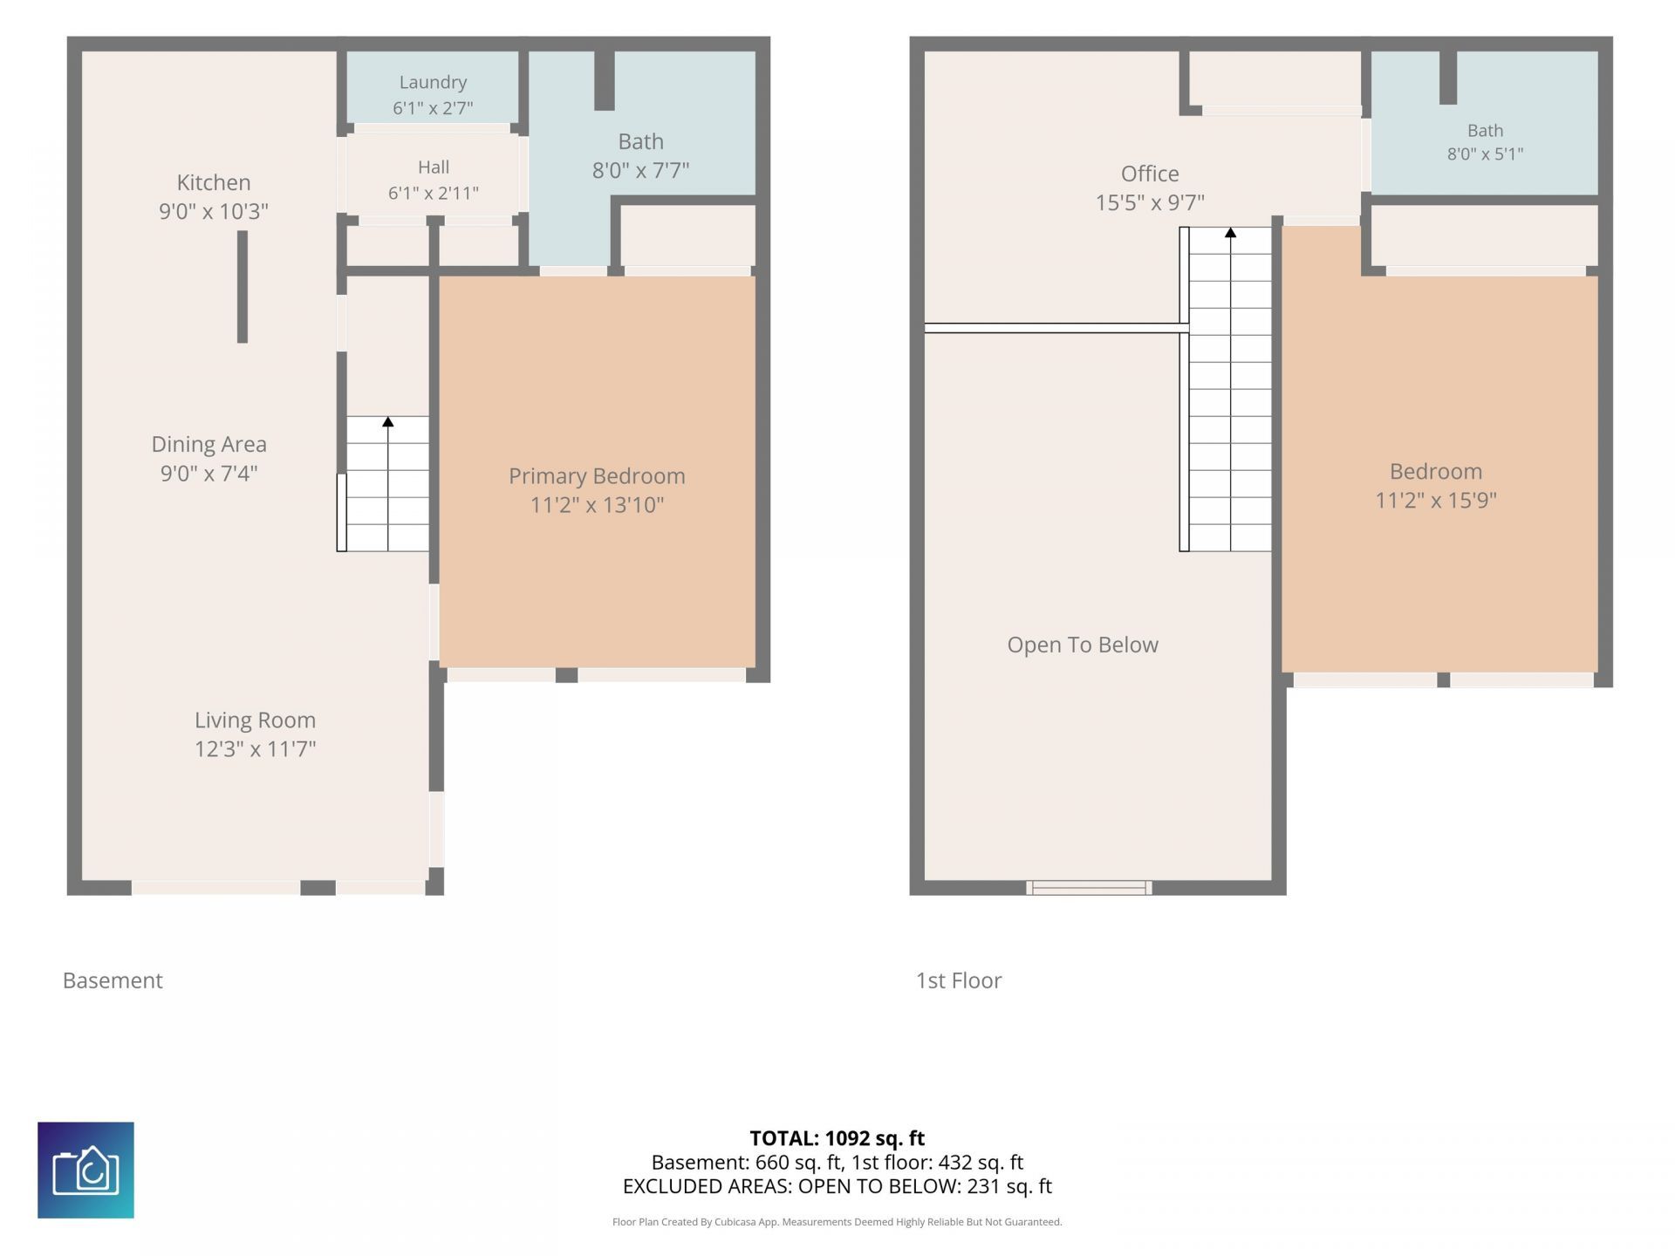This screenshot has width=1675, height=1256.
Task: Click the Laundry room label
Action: click(x=433, y=82)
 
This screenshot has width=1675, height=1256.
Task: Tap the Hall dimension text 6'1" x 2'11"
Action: click(x=434, y=193)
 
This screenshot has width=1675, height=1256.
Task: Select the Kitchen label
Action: click(x=214, y=182)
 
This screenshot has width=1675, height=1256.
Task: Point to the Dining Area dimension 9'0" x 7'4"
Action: click(x=209, y=473)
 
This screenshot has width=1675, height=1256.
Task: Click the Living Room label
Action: click(x=255, y=720)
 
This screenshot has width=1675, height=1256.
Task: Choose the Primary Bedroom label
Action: click(x=597, y=476)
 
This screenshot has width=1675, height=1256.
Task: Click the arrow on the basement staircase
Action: click(x=388, y=422)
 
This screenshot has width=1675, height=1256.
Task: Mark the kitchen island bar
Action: click(x=243, y=287)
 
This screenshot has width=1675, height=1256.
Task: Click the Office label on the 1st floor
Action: click(x=1150, y=174)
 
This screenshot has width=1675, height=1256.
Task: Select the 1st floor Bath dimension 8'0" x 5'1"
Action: click(x=1486, y=154)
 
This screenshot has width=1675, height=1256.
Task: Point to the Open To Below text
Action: click(x=1083, y=645)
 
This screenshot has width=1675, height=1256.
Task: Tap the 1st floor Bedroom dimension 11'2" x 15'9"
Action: click(x=1436, y=500)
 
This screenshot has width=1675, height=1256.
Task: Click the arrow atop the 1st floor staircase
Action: click(x=1230, y=233)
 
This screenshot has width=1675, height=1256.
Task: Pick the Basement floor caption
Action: click(x=113, y=980)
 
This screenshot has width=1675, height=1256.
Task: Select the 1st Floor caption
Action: click(x=959, y=980)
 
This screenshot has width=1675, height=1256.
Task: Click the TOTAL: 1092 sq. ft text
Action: click(x=837, y=1138)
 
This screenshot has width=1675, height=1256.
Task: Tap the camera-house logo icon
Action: click(x=85, y=1170)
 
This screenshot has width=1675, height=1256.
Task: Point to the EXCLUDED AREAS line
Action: click(x=837, y=1186)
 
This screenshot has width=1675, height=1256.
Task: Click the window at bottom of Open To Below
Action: click(x=1089, y=888)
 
